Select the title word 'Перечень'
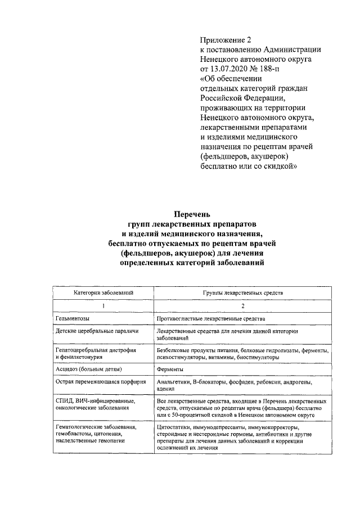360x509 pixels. tap(192, 214)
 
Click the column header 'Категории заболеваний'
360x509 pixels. tap(103, 293)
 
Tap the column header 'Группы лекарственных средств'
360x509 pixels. tap(243, 293)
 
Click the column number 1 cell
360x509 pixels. tap(103, 306)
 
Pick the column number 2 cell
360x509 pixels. tap(243, 306)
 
